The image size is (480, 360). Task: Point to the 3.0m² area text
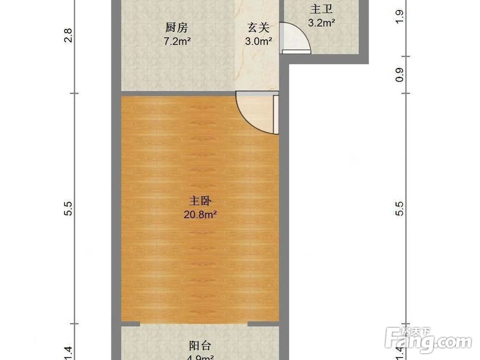pyautogui.click(x=258, y=41)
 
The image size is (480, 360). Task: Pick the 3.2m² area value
pyautogui.click(x=321, y=22)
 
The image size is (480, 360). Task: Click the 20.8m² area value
pyautogui.click(x=200, y=215)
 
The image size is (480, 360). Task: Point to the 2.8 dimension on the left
pyautogui.click(x=68, y=36)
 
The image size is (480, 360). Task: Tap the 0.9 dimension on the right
pyautogui.click(x=399, y=74)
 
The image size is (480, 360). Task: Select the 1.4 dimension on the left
pyautogui.click(x=68, y=353)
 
